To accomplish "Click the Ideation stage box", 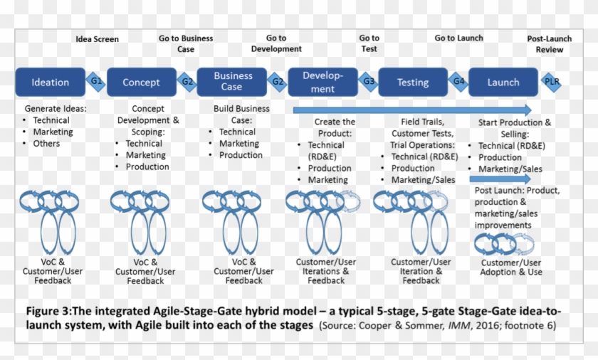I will pos(51,82).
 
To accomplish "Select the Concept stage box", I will pos(141,82).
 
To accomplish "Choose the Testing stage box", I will pos(413,82).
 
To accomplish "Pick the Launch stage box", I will pos(503,82).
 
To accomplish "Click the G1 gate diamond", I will pos(96,81).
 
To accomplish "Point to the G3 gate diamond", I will pos(369,81).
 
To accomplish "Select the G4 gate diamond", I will pos(459,81).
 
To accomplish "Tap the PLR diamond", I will pos(551,81).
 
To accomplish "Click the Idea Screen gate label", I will pos(97,39).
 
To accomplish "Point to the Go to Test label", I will pos(369,43).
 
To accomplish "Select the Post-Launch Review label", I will pos(550,44).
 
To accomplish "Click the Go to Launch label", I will pos(458,38).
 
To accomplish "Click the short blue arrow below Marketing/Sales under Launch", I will pos(499,179).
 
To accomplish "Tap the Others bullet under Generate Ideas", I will pos(46,144).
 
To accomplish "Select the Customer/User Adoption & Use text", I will pos(510,268).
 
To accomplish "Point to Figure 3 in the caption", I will pos(51,311).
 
